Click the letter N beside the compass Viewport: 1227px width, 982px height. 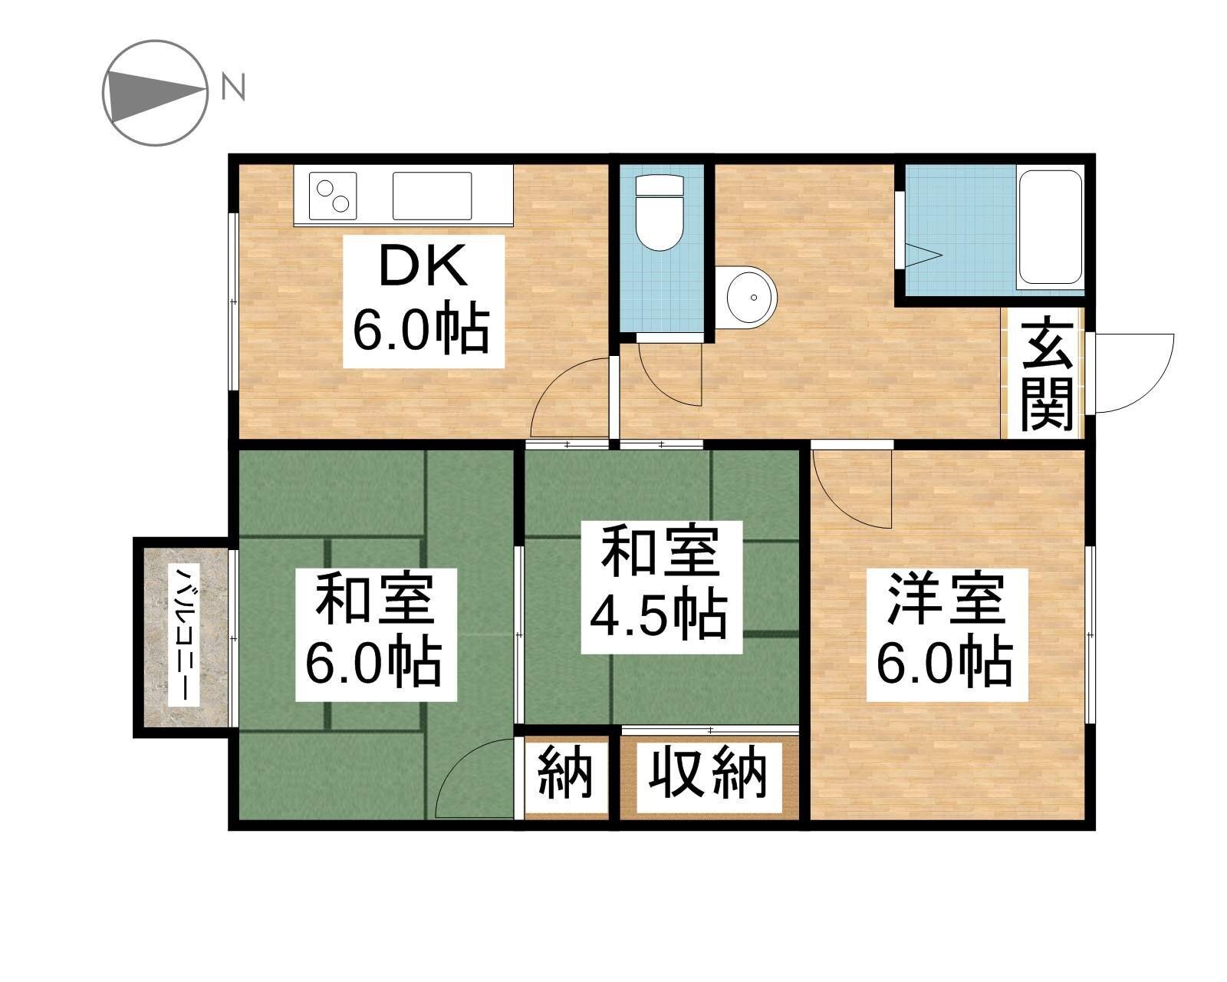[x=233, y=87]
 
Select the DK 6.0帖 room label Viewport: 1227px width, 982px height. [x=423, y=302]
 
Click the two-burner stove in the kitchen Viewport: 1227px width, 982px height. [x=333, y=196]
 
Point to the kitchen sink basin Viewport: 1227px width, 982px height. [x=433, y=196]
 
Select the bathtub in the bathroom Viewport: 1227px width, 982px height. [x=1050, y=227]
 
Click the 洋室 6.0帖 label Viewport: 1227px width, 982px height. [x=946, y=634]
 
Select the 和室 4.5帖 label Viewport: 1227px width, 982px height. [x=661, y=587]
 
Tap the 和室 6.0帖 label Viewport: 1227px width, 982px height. [x=376, y=634]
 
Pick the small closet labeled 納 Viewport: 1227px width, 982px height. [x=566, y=774]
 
